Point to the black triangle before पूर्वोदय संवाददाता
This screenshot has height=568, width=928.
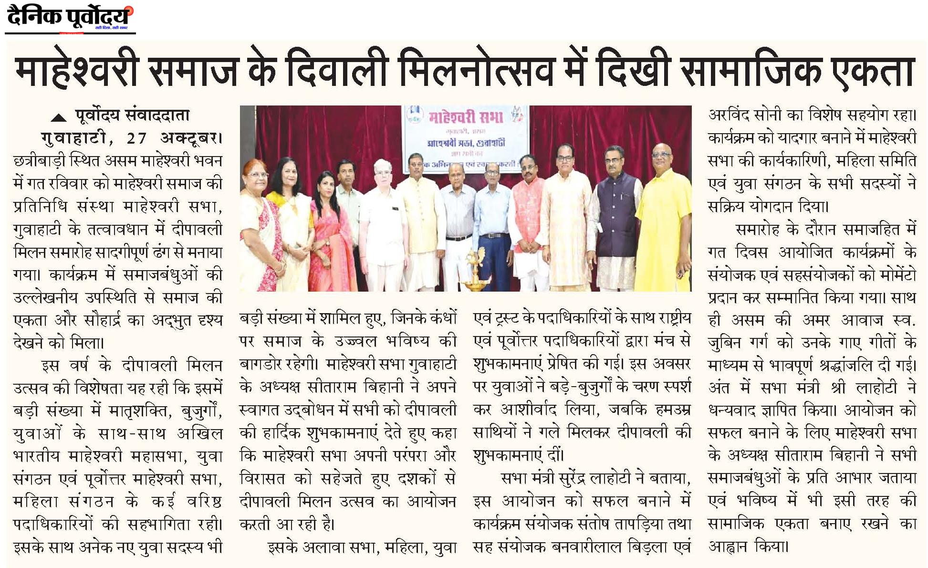pyautogui.click(x=58, y=118)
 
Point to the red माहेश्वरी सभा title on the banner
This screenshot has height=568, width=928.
pyautogui.click(x=465, y=117)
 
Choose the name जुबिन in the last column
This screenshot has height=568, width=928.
pyautogui.click(x=728, y=342)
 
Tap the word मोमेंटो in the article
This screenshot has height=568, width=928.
pyautogui.click(x=897, y=274)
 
